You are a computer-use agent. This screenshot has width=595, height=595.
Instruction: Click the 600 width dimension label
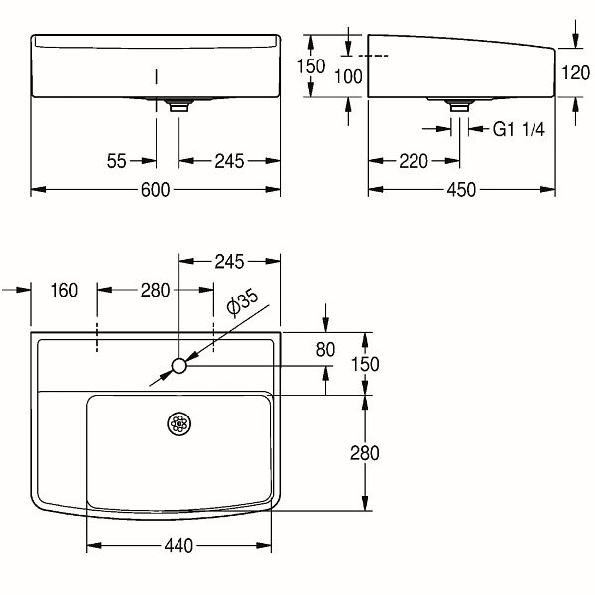click(155, 190)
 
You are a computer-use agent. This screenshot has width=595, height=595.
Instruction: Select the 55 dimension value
click(116, 161)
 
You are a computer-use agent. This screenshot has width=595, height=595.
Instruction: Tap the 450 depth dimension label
click(461, 190)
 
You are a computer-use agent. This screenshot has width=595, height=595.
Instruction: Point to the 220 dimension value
click(414, 161)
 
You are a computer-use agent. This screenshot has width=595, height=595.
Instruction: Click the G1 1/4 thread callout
click(519, 129)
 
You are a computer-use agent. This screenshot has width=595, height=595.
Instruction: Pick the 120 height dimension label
click(575, 72)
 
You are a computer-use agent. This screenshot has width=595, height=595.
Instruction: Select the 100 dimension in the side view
click(348, 77)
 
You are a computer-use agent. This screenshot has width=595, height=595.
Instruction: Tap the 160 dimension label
click(64, 290)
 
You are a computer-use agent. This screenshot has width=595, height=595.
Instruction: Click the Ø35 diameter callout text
click(242, 302)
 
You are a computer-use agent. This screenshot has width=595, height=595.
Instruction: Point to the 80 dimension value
click(325, 349)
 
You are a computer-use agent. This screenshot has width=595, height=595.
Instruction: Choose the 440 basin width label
click(178, 546)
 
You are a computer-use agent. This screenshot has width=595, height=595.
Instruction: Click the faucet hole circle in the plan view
click(179, 366)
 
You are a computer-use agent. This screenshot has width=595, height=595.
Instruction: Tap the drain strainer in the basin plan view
click(179, 423)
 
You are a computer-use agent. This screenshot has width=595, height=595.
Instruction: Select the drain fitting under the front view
click(179, 105)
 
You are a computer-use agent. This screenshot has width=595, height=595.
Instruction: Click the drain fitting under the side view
click(459, 105)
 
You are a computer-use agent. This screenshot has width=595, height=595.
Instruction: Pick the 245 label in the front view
click(229, 161)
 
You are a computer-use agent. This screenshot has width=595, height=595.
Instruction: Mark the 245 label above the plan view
click(229, 262)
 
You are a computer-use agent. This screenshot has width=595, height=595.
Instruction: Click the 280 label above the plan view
click(155, 291)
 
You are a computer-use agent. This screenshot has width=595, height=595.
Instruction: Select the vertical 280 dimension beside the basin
click(364, 453)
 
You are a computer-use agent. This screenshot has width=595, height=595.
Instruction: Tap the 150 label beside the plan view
click(365, 364)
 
